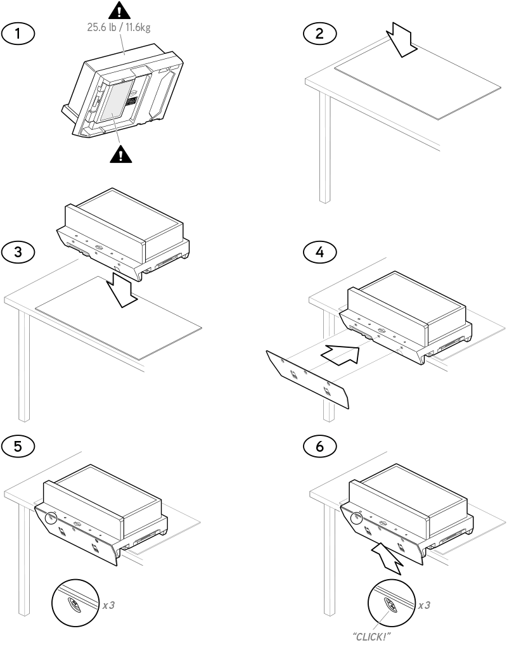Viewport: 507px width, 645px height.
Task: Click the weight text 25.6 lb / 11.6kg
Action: [119, 27]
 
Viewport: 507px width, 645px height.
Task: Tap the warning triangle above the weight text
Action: [119, 11]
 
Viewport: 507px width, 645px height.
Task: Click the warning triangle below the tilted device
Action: [121, 154]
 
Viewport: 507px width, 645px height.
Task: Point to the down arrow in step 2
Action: [402, 41]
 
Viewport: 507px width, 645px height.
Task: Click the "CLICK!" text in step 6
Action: [371, 637]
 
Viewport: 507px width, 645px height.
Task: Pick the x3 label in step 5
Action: [108, 605]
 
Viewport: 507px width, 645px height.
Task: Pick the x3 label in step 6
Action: [424, 605]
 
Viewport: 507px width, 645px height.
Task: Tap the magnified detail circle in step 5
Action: [75, 603]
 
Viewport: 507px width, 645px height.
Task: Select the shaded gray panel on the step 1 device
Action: [117, 101]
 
